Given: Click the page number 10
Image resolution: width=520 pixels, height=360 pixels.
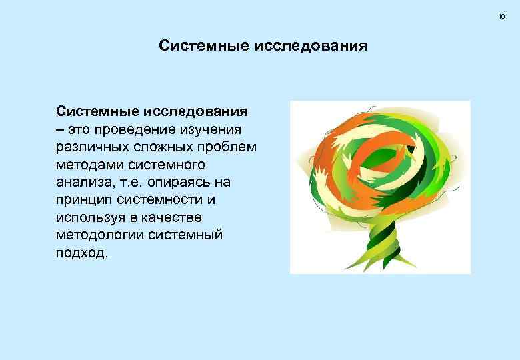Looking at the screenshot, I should click(x=502, y=15).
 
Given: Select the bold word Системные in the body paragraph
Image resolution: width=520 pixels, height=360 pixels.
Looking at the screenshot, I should click(x=97, y=109).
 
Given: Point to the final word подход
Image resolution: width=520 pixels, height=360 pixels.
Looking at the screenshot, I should click(x=81, y=254).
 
